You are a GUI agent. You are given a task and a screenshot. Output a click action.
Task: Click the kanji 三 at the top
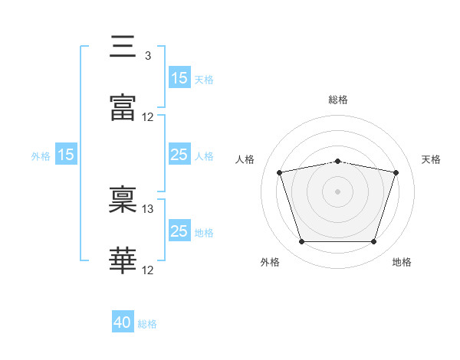[123, 46]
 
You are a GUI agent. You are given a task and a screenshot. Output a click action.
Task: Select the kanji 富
[123, 107]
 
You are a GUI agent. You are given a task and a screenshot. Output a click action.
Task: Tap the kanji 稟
[123, 199]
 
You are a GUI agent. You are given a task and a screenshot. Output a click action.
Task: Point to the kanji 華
[123, 260]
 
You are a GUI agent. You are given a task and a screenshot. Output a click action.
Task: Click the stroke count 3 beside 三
[148, 56]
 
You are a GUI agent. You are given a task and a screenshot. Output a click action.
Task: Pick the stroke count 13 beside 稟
[147, 209]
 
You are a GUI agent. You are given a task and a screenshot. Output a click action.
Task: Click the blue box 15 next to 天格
[179, 77]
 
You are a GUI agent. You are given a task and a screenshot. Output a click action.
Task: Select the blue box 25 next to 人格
[179, 154]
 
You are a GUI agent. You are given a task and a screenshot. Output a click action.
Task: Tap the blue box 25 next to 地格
[179, 230]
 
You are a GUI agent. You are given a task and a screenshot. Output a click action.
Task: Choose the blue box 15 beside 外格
[66, 154]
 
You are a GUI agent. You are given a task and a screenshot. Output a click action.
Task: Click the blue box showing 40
[123, 321]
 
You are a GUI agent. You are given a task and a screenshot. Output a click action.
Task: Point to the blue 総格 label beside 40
[147, 324]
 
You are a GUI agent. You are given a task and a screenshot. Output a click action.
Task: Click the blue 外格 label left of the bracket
[41, 156]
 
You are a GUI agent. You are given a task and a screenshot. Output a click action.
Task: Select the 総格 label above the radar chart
[338, 100]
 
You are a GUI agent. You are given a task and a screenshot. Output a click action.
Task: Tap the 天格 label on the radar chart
[431, 159]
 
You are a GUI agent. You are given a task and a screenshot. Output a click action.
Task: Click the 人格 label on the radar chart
[245, 159]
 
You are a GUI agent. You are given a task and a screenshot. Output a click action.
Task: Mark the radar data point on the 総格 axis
[337, 162]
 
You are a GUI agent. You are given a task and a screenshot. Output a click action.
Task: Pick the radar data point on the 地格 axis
[373, 241]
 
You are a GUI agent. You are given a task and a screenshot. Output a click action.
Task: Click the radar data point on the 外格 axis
[301, 241]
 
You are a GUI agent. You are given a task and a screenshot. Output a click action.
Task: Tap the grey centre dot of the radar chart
[337, 191]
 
